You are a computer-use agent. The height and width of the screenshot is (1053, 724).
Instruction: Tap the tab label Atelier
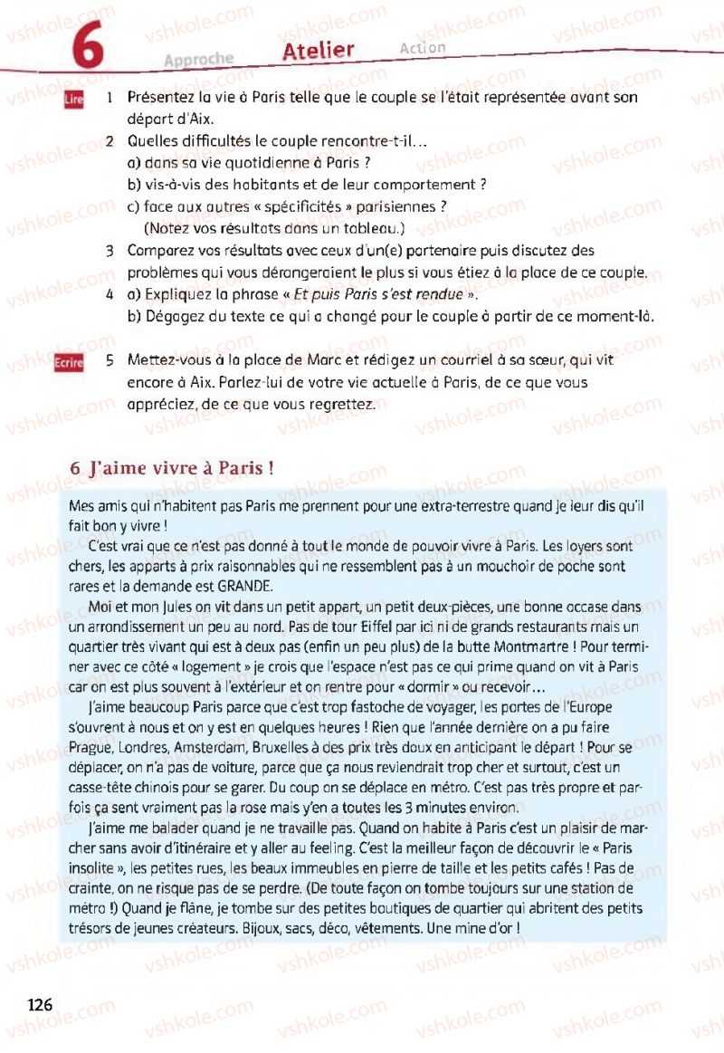[318, 51]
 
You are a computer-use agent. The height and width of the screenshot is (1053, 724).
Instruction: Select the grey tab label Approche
[198, 59]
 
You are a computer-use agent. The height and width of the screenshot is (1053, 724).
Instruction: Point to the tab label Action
[422, 48]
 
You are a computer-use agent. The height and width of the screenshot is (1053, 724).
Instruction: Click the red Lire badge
[74, 101]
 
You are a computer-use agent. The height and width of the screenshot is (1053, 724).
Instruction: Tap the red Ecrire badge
[69, 362]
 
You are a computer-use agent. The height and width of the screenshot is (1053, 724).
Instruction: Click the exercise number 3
[109, 250]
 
